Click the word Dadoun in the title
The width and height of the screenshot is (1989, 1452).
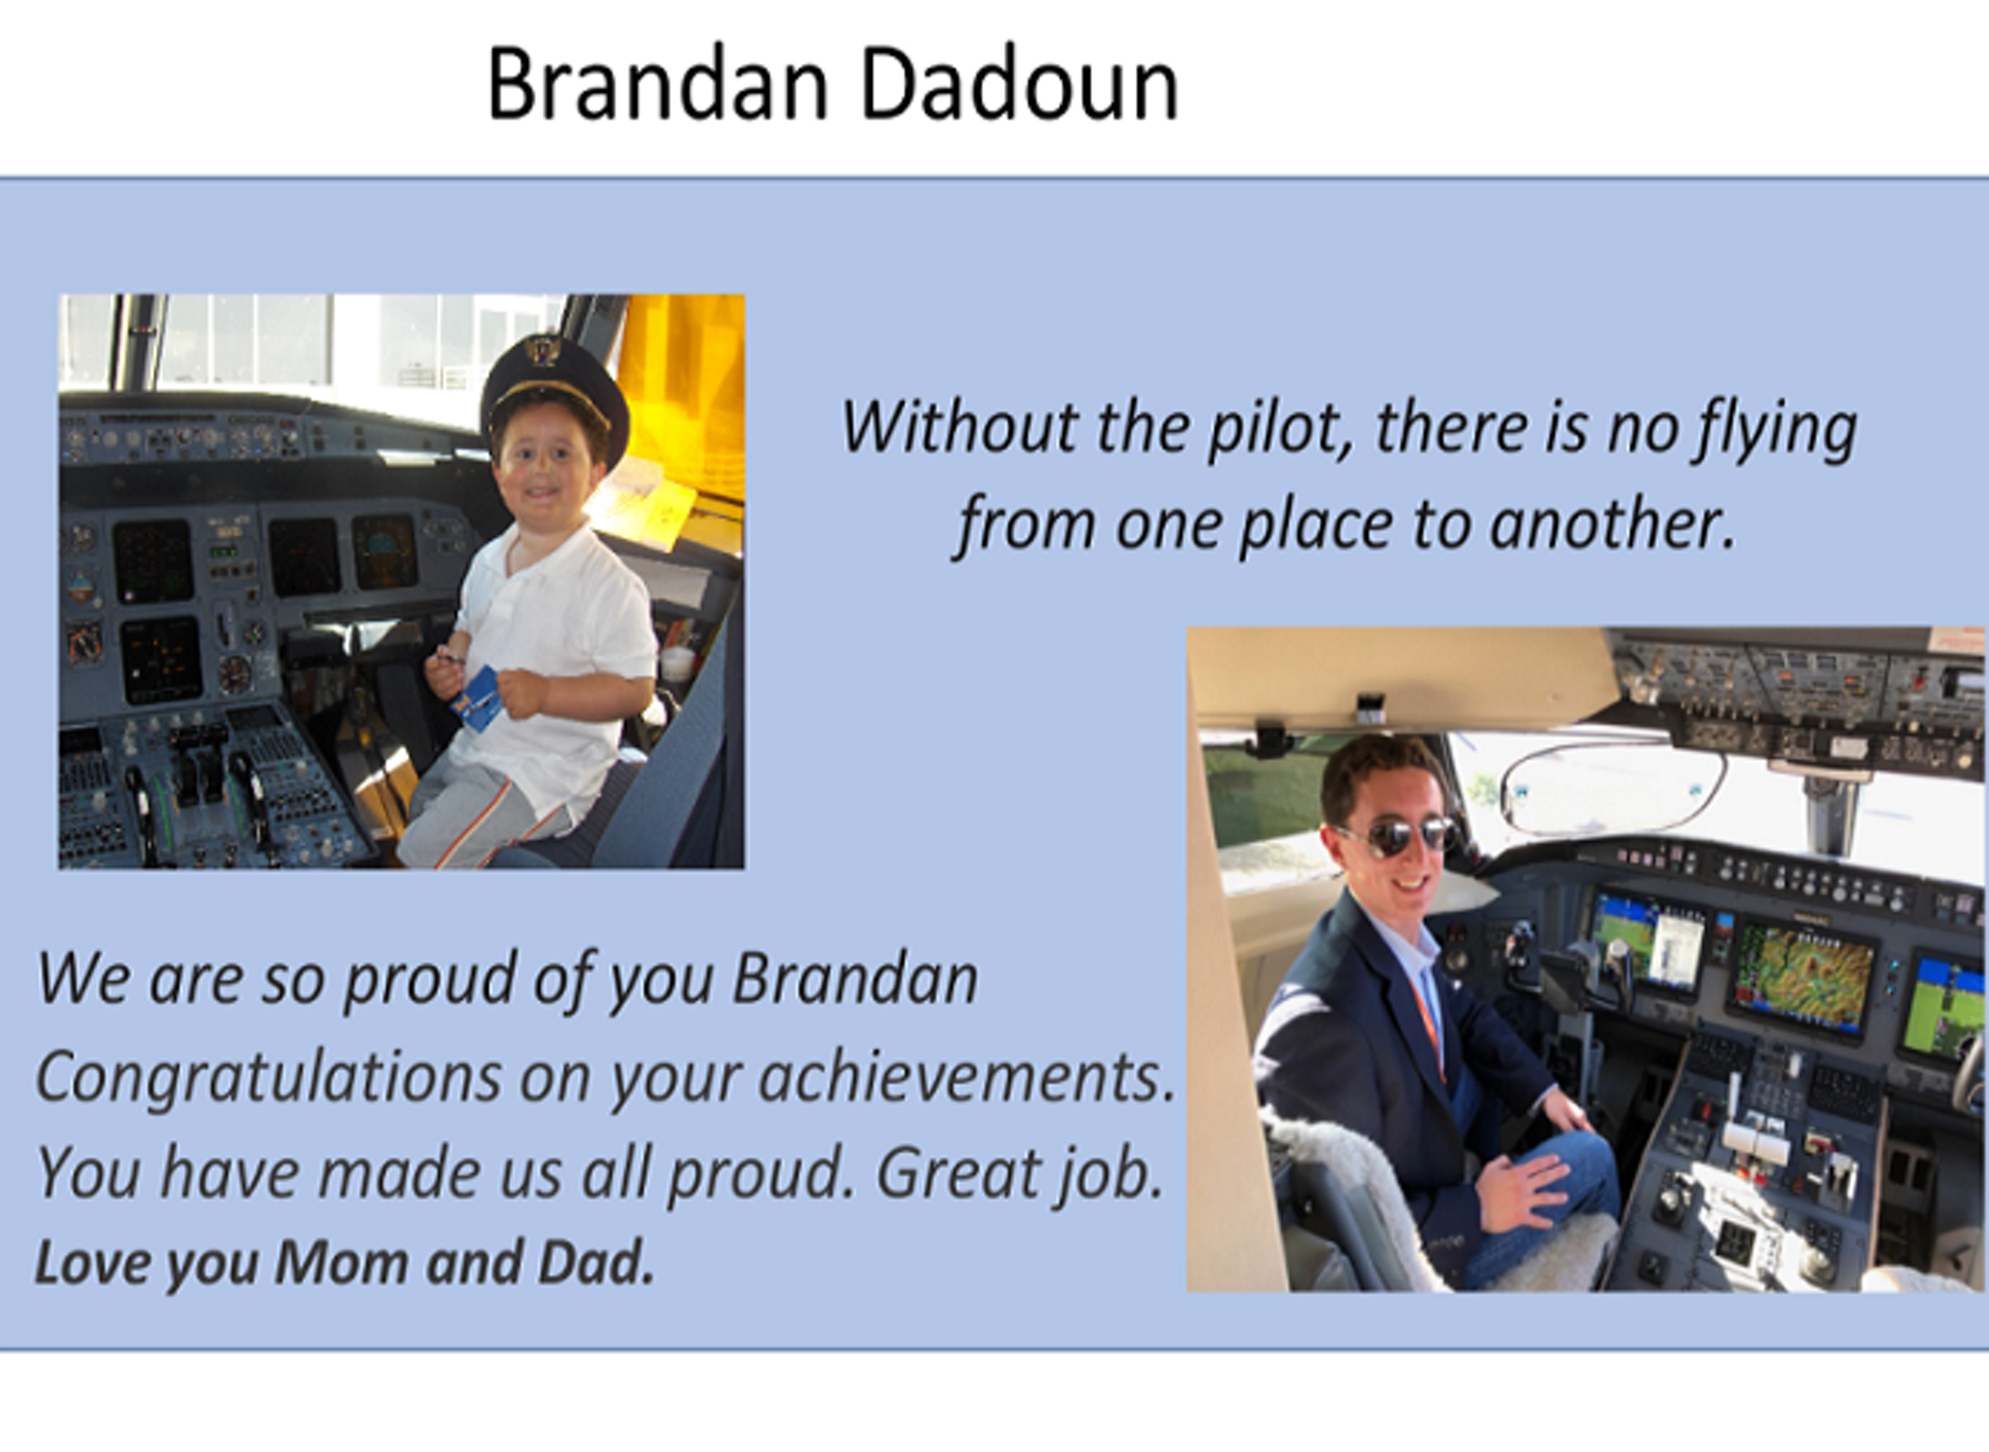click(x=1019, y=85)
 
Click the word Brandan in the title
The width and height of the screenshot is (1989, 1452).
click(x=658, y=85)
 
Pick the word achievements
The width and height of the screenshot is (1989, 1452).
click(x=966, y=1077)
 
